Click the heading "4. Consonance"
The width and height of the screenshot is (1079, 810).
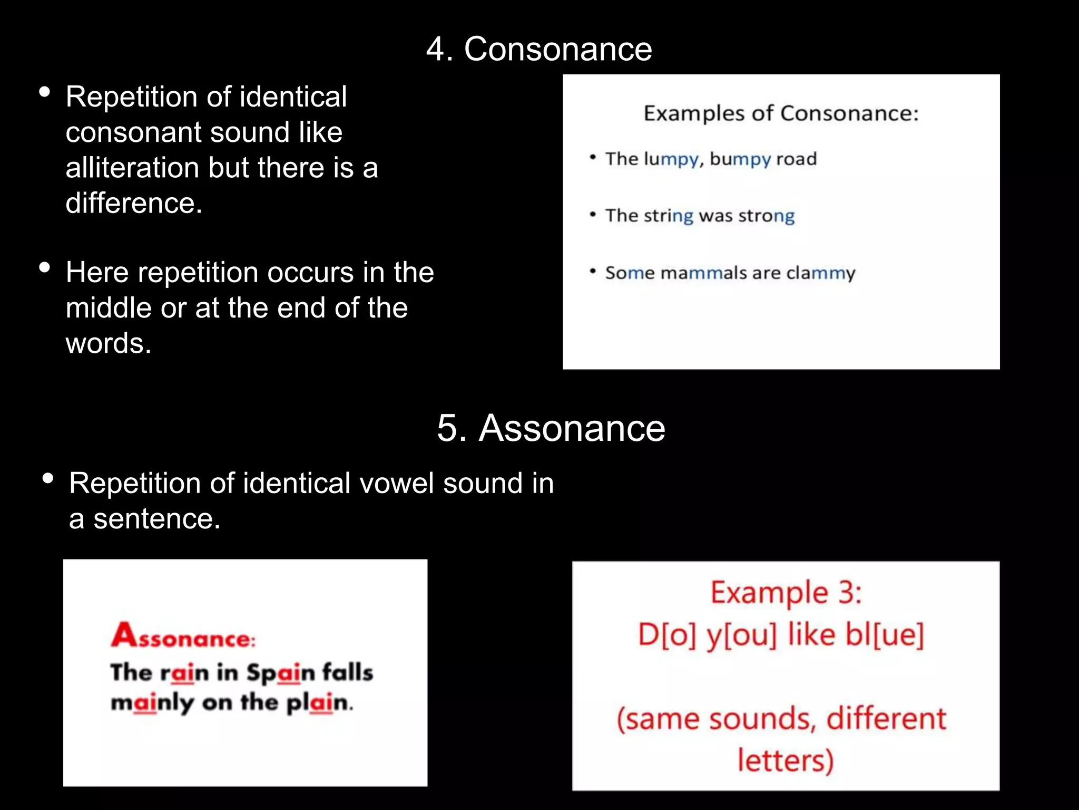(539, 49)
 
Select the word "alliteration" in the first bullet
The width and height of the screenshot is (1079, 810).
(132, 168)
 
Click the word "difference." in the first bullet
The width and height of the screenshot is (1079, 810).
(134, 203)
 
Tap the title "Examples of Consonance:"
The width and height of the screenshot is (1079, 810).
(781, 113)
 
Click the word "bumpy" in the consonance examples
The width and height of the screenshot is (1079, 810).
(740, 159)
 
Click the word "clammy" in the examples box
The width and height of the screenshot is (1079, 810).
(820, 273)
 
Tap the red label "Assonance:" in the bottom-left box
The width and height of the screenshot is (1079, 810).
(183, 636)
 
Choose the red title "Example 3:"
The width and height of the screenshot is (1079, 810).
(786, 593)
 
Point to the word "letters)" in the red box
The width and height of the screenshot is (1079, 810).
(785, 760)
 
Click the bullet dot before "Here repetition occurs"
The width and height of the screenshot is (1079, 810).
(45, 267)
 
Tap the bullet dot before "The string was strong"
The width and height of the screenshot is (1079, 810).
(593, 215)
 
